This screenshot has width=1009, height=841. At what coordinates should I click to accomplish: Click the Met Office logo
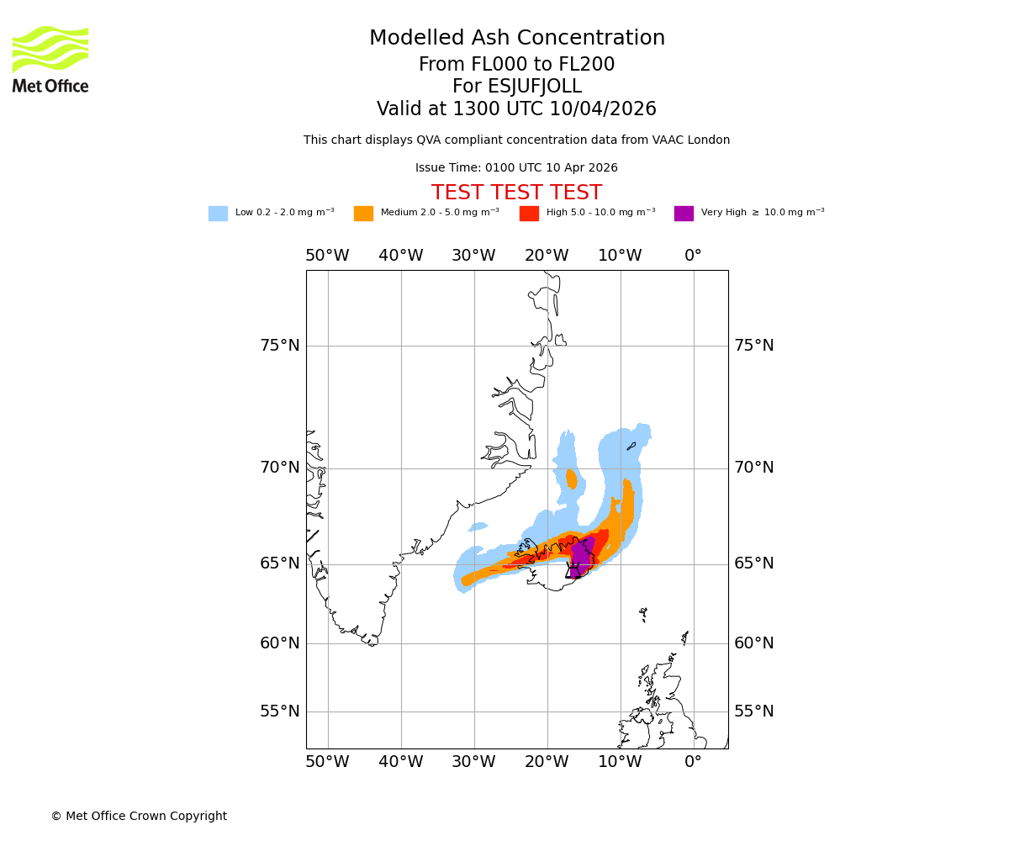(50, 59)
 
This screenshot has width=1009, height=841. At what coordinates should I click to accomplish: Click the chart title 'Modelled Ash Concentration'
(517, 39)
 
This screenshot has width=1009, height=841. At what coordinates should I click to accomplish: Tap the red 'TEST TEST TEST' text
(516, 193)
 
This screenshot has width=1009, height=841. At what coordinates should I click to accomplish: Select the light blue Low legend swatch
(218, 214)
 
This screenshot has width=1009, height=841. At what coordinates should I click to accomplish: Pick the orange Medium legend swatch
(363, 214)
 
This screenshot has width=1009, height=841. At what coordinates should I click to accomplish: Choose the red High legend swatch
(529, 214)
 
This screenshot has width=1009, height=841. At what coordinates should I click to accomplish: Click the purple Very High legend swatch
(684, 214)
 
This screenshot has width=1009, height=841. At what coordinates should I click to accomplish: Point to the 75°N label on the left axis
(280, 346)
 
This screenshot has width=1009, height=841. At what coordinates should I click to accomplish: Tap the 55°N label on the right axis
(754, 711)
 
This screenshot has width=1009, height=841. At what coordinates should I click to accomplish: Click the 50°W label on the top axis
(327, 256)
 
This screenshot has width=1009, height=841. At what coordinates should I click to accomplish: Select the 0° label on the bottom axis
(693, 762)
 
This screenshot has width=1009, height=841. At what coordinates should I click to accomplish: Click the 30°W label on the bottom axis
(473, 762)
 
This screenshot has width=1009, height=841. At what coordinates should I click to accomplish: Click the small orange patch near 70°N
(572, 479)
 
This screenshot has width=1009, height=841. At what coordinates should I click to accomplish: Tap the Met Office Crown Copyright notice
(139, 816)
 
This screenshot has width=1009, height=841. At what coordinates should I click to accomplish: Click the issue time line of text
(516, 168)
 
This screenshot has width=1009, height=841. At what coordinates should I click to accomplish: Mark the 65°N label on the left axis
(280, 563)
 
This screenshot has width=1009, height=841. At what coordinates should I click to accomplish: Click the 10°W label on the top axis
(620, 256)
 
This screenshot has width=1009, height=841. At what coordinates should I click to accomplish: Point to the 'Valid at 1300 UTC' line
(516, 109)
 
